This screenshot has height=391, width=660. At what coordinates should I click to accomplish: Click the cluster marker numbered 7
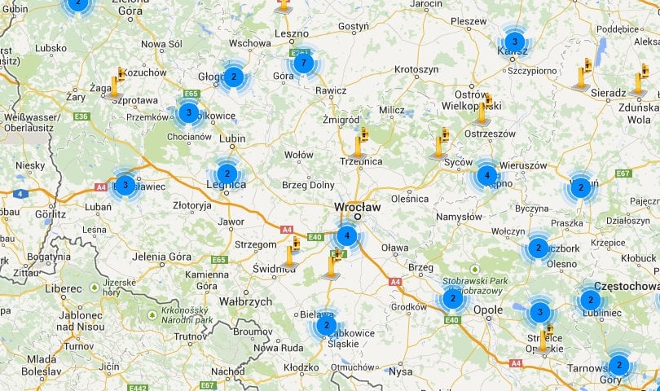pyautogui.click(x=303, y=63)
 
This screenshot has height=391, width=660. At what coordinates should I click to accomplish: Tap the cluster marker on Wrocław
pyautogui.click(x=347, y=236)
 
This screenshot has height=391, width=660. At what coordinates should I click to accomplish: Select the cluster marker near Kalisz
pyautogui.click(x=513, y=42)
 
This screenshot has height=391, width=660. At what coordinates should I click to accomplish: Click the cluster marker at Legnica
pyautogui.click(x=227, y=174)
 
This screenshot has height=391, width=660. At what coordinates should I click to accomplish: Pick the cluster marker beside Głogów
pyautogui.click(x=233, y=77)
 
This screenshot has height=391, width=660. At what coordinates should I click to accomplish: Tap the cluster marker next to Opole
pyautogui.click(x=453, y=299)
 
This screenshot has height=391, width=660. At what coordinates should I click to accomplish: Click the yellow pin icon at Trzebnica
pyautogui.click(x=358, y=146)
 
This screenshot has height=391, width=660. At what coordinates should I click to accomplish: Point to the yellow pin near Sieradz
pyautogui.click(x=583, y=74)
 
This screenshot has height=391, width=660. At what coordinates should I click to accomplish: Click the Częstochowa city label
pyautogui.click(x=626, y=286)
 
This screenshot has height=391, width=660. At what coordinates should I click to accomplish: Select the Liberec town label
pyautogui.click(x=64, y=288)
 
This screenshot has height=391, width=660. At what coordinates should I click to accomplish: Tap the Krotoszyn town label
pyautogui.click(x=416, y=69)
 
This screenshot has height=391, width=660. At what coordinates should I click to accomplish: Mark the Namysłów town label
pyautogui.click(x=460, y=217)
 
